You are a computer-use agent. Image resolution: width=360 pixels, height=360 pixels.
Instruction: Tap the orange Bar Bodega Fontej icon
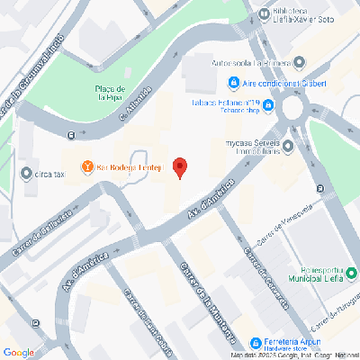point(87,166)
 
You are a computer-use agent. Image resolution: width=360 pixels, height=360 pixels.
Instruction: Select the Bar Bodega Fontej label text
point(129,166)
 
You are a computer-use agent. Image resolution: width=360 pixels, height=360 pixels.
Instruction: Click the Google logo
point(19,352)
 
